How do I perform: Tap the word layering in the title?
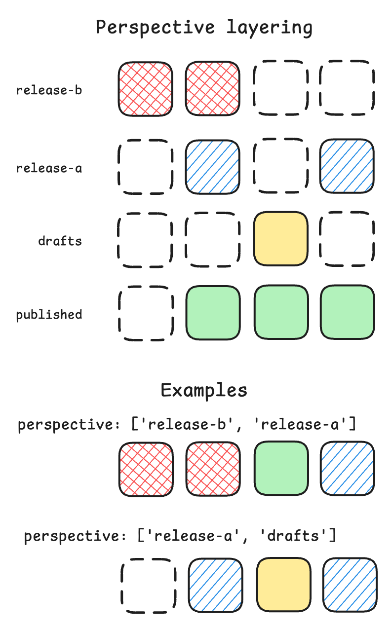tap(270, 27)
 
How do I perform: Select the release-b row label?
tap(49, 90)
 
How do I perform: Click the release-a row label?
tap(49, 168)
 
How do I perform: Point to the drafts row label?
tap(60, 241)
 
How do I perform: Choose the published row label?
tap(49, 315)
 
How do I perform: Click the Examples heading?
tap(204, 390)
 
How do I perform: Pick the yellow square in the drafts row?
tap(280, 239)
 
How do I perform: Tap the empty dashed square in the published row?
tap(146, 313)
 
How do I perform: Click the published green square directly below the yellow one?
tap(280, 312)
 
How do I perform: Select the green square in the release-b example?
tap(281, 468)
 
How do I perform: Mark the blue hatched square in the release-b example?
tap(348, 468)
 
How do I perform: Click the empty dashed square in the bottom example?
tap(149, 586)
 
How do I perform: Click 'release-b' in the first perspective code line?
tap(196, 424)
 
